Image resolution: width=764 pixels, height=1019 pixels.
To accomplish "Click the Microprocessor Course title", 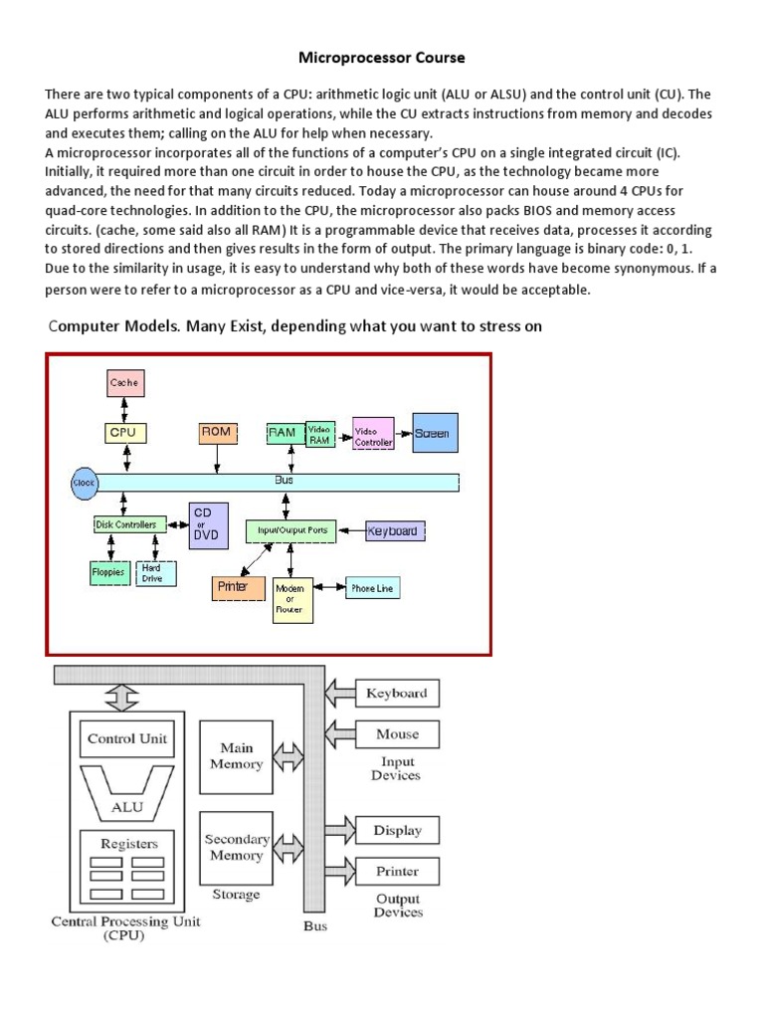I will (x=383, y=58).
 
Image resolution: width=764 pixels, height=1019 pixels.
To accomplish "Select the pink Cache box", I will (x=124, y=382).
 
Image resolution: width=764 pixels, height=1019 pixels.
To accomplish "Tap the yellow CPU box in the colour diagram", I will (x=125, y=433).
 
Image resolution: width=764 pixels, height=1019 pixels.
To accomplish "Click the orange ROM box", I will (x=216, y=433).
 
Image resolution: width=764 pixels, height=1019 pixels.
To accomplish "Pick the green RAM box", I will (x=283, y=433).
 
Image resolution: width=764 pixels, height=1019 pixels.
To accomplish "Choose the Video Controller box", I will (x=373, y=433).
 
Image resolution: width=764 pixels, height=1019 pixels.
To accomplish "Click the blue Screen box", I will (x=435, y=433).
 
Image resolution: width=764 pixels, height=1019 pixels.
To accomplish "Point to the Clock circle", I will (x=84, y=483).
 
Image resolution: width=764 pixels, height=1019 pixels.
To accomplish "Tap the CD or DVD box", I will (x=208, y=524).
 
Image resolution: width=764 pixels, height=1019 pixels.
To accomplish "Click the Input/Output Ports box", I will (x=292, y=530).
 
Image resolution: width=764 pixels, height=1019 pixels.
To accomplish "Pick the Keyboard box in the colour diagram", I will (x=395, y=531).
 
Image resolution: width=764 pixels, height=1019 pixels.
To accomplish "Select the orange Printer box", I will (x=237, y=587).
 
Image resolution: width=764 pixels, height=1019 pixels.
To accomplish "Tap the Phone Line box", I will (x=371, y=588).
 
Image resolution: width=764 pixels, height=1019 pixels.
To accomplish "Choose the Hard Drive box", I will (x=155, y=573).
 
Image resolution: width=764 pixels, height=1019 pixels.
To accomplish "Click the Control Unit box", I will (x=127, y=739).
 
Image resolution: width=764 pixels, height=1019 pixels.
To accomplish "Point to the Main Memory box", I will (x=236, y=756).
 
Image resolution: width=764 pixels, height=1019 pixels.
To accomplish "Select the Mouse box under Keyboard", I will (x=397, y=734).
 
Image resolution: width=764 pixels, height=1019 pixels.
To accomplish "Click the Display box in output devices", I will (x=397, y=831).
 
